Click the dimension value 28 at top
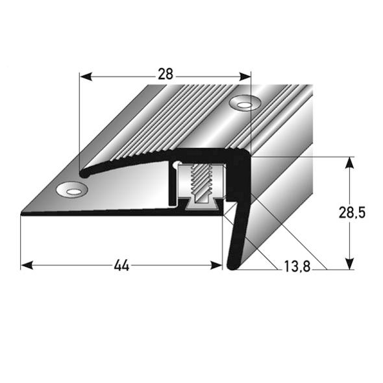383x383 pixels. [166, 74]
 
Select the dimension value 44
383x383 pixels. [121, 266]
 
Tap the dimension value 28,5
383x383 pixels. [352, 213]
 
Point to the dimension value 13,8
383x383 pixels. [297, 267]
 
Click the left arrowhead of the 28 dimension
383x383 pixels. [86, 77]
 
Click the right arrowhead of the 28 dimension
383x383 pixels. [245, 77]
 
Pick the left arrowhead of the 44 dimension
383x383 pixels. [27, 266]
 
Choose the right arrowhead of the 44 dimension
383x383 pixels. [216, 266]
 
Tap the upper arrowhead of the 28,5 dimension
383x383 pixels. [350, 163]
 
